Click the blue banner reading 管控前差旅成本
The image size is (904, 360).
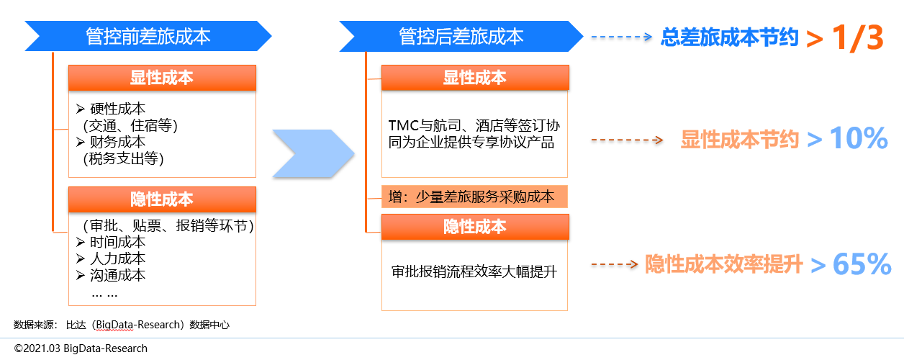pos(148,36)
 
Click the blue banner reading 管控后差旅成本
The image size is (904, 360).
pos(461,36)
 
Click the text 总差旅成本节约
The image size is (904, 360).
pos(730,37)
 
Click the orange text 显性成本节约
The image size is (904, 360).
pos(740,140)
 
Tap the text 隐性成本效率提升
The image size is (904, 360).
pos(723,265)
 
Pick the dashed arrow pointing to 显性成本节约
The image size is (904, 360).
pos(626,140)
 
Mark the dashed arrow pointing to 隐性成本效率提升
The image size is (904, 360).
pos(615,264)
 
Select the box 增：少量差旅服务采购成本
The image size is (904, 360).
pos(474,197)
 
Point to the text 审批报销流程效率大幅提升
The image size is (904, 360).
pos(474,272)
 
